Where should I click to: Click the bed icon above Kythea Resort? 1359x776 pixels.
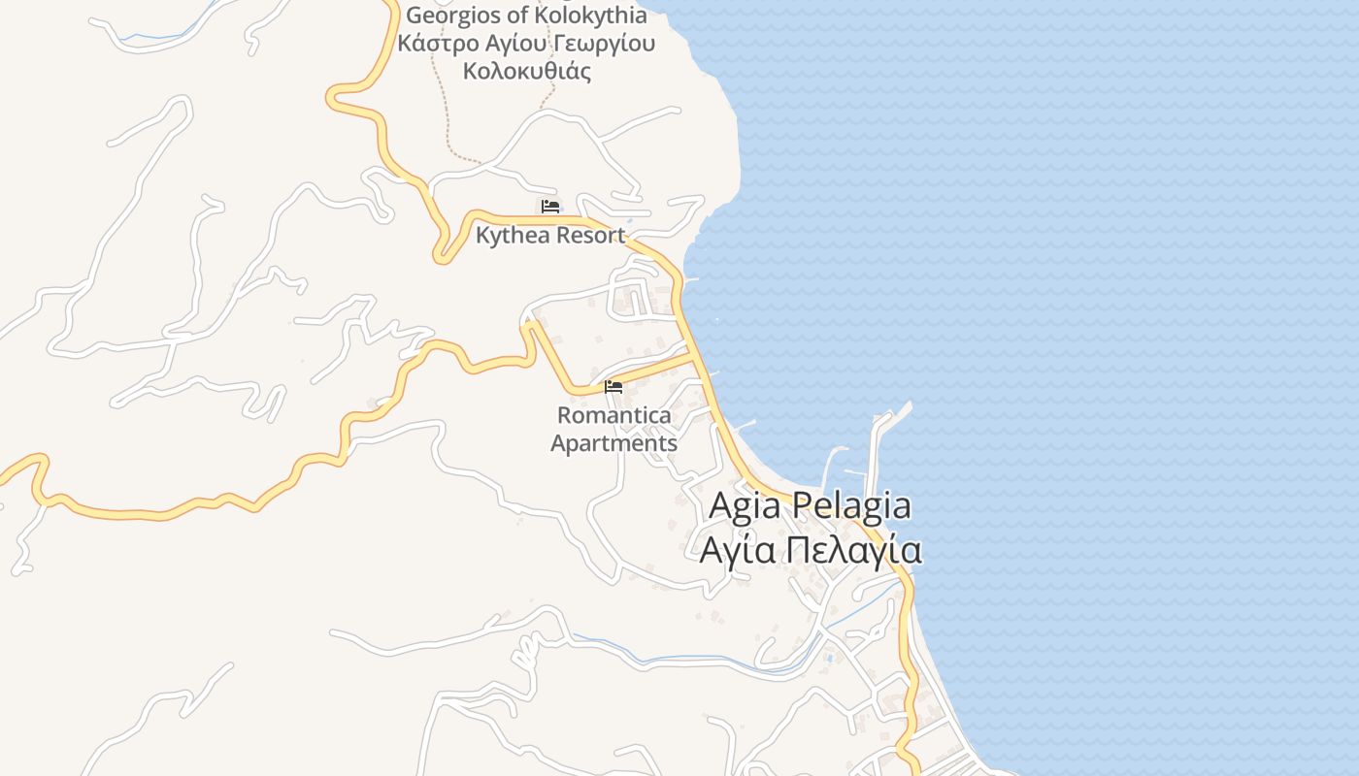[x=550, y=206]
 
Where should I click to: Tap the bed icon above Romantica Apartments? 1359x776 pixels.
[x=613, y=387]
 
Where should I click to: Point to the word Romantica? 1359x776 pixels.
[x=613, y=415]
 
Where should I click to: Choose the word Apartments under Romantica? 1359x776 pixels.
[x=613, y=443]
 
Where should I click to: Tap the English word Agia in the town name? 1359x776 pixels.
[x=744, y=505]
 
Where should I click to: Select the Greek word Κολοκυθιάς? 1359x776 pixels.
[x=527, y=71]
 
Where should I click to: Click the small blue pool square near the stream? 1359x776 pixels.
[x=830, y=659]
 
